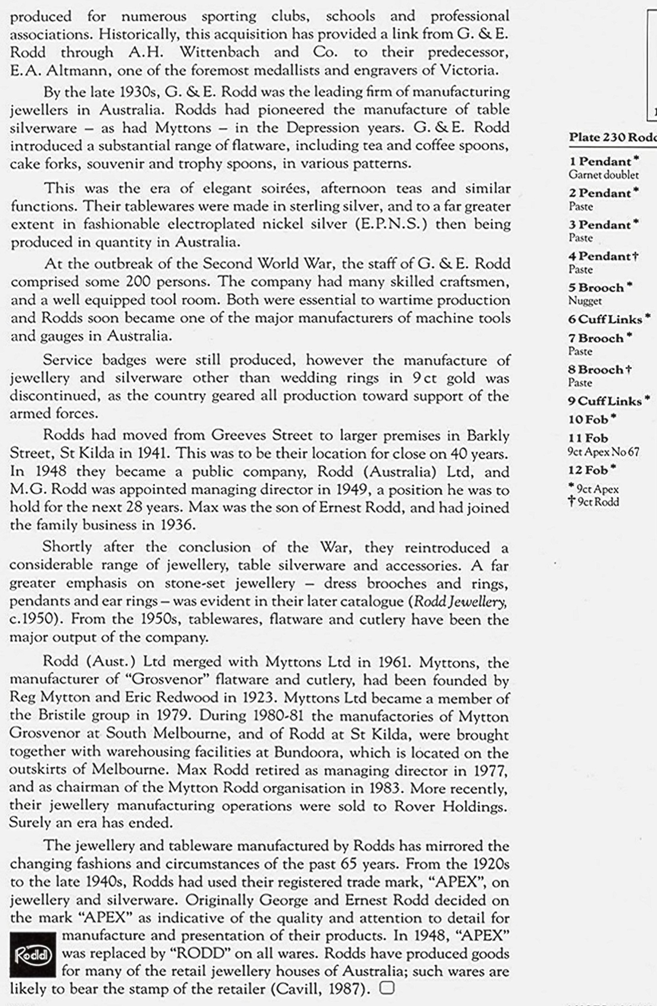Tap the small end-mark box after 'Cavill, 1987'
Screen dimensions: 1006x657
pos(387,988)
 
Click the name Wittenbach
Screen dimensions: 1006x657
pos(219,52)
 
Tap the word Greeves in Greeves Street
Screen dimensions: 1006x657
pos(237,435)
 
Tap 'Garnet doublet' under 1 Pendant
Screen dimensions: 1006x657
pos(603,174)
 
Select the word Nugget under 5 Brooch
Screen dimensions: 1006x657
pos(585,301)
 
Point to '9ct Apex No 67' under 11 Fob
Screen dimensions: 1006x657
pos(603,452)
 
